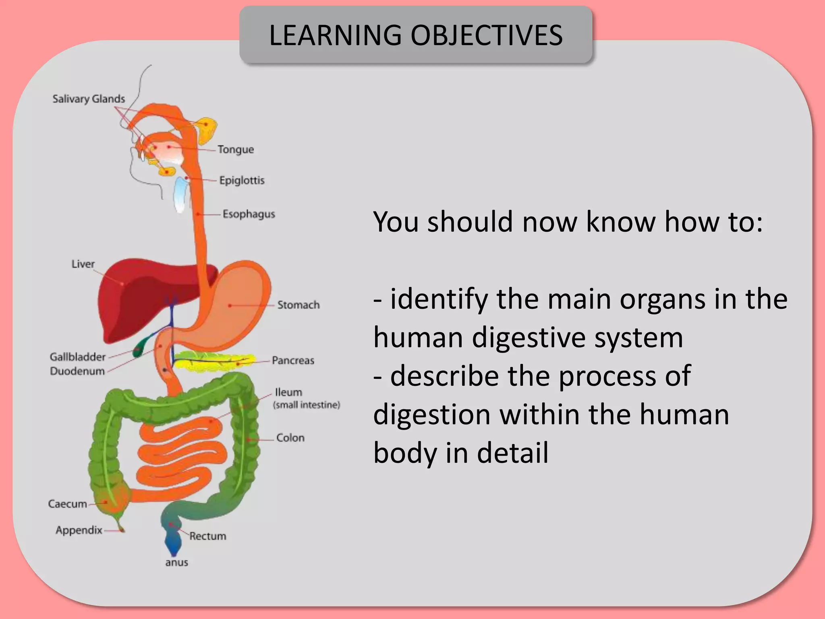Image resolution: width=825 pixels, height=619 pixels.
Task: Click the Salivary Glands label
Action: (x=89, y=99)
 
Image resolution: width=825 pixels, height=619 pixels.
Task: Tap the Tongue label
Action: (x=236, y=150)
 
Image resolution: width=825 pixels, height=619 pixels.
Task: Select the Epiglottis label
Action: (x=242, y=180)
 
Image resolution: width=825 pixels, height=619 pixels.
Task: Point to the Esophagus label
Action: (x=249, y=214)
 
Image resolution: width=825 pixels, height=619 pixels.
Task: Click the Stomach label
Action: (x=298, y=305)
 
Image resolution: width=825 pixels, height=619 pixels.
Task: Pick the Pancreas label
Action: (x=293, y=360)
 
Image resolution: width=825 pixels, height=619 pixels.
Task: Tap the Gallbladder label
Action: (x=77, y=357)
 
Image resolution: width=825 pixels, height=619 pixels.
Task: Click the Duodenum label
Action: (x=77, y=371)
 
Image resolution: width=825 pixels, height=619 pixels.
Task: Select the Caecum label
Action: (x=67, y=504)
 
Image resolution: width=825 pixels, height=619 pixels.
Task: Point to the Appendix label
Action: (x=79, y=530)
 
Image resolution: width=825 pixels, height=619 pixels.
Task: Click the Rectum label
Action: (x=208, y=536)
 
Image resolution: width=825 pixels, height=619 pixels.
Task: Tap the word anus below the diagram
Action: (x=176, y=563)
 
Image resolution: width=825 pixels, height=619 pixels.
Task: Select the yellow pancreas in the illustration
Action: (x=214, y=361)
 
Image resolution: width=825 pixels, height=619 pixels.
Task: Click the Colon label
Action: (x=290, y=438)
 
